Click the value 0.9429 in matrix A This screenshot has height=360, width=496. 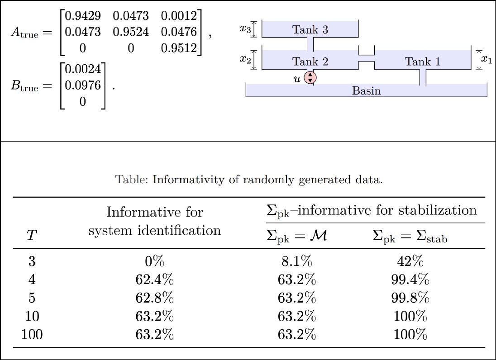83,16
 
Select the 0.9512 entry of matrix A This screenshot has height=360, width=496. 179,47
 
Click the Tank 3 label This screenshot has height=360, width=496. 310,30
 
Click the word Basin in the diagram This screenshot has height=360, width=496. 367,90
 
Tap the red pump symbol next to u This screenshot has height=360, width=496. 310,77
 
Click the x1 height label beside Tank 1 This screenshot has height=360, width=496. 486,59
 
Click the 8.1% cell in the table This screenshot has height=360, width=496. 296,262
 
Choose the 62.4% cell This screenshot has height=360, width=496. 154,280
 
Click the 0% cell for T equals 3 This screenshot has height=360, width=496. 154,262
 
